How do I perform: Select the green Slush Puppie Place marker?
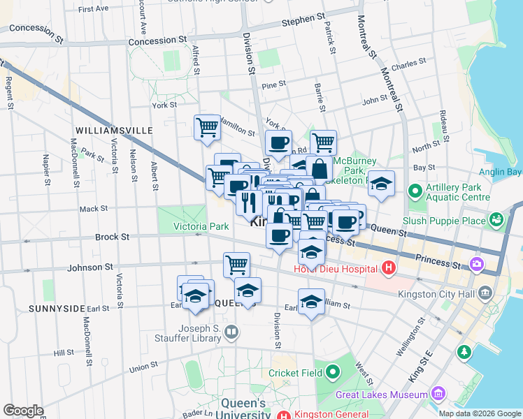pyautogui.click(x=496, y=220)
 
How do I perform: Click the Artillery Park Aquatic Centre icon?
pyautogui.click(x=415, y=190)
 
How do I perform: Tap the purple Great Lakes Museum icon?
pyautogui.click(x=438, y=395)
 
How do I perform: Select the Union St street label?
pyautogui.click(x=143, y=366)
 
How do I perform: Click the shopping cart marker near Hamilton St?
pyautogui.click(x=207, y=128)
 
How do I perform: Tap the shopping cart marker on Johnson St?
pyautogui.click(x=237, y=265)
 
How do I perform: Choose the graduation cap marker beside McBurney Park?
pyautogui.click(x=381, y=184)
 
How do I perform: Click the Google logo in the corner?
pyautogui.click(x=23, y=411)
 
